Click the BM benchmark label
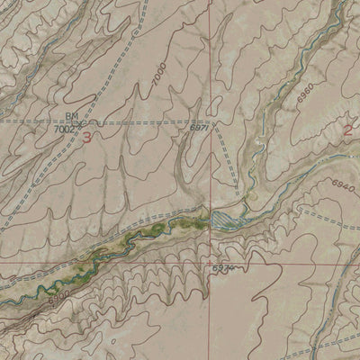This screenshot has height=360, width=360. (x=72, y=116)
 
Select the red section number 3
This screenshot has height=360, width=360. (x=86, y=139)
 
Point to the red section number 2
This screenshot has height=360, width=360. (x=348, y=130)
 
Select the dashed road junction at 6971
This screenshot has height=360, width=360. (x=212, y=121)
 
